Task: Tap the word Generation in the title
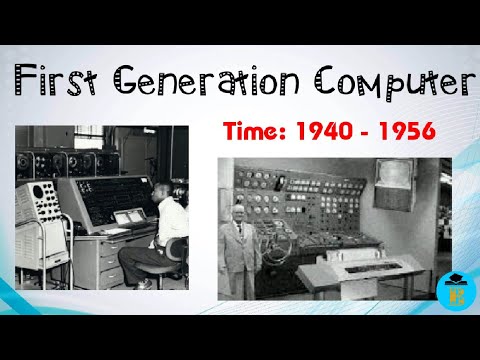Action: (x=221, y=81)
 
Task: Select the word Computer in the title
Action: (x=398, y=81)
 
